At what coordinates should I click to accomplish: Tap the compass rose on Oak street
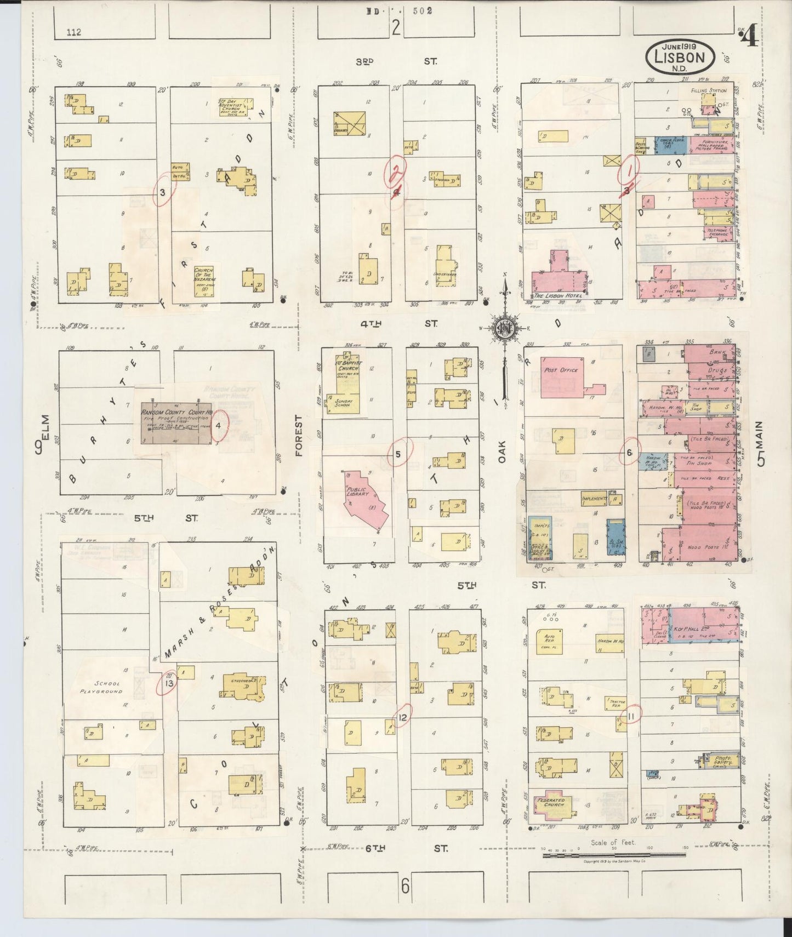[504, 329]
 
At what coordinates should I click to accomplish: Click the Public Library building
[365, 500]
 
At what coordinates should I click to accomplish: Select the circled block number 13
[169, 683]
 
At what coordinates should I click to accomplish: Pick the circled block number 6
[629, 452]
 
